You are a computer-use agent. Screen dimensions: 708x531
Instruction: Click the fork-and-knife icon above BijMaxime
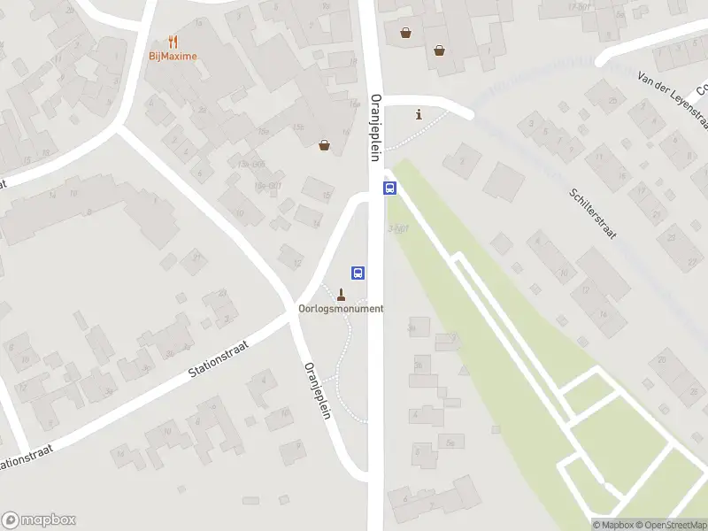(x=173, y=41)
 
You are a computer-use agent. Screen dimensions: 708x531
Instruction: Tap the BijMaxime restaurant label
(x=173, y=57)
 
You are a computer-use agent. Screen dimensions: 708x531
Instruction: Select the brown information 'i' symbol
(x=419, y=114)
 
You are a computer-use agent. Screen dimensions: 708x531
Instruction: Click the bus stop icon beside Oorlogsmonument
(x=358, y=273)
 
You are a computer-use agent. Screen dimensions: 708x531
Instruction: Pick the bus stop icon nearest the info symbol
(x=389, y=188)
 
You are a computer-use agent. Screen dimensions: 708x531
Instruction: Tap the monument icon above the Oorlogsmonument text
(x=341, y=293)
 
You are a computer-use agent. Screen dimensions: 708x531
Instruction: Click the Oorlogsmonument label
(x=341, y=308)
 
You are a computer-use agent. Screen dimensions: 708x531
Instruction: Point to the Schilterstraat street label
(x=592, y=214)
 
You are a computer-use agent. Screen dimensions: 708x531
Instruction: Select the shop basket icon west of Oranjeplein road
(x=325, y=145)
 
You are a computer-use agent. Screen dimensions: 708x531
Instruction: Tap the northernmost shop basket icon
(x=405, y=33)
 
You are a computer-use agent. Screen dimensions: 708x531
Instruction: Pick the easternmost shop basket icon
(x=439, y=50)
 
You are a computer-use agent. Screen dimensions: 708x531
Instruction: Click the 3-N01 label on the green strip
(x=397, y=229)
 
